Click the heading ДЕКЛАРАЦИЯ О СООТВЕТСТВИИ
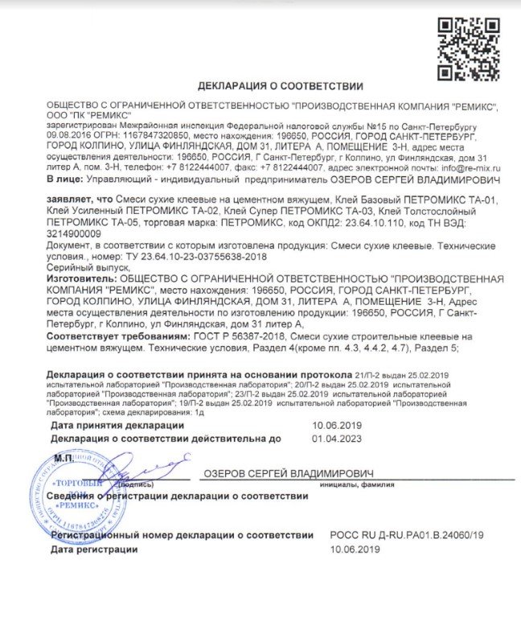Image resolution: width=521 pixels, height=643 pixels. point(280,85)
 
